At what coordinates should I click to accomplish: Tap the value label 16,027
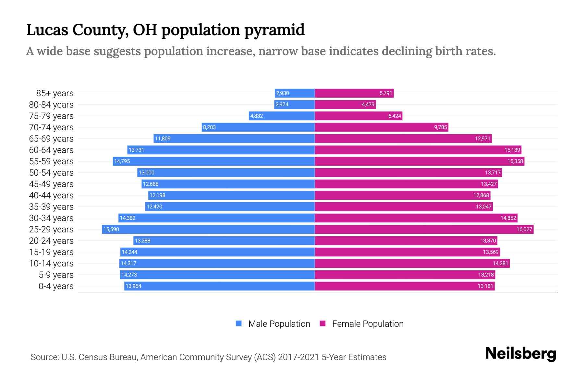coord(524,229)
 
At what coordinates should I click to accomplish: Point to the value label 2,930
coord(282,93)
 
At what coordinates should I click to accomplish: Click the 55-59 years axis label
coord(51,161)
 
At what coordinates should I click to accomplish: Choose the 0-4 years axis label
coord(56,286)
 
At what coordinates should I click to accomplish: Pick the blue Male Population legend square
coord(239,324)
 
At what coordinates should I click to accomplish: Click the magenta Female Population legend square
coord(322,324)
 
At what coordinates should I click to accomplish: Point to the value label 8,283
coord(209,127)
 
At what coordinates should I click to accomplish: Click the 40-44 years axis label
coord(51,195)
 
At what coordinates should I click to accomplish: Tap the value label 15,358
coord(515,161)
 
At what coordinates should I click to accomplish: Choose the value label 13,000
coord(146,172)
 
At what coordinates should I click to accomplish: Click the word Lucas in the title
coord(47,30)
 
